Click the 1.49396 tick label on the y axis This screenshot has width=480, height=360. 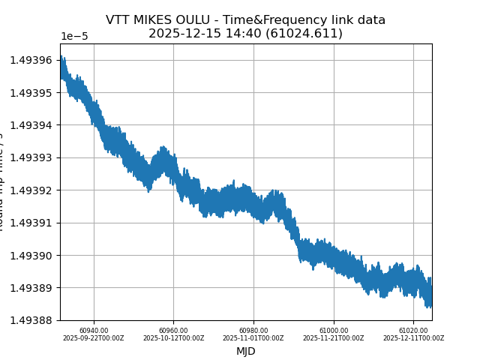coord(31,60)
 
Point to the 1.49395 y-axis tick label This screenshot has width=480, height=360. coord(31,92)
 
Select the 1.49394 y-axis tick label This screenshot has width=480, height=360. coord(31,125)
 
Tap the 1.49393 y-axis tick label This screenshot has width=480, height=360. coord(31,157)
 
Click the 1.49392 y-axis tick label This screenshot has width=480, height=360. coord(31,190)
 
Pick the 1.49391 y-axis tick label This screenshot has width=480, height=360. coord(31,223)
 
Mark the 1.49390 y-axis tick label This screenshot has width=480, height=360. coord(31,256)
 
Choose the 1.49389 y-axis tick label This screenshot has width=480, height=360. coord(31,288)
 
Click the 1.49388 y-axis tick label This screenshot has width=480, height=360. coord(31,320)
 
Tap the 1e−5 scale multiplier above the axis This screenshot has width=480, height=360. coord(74,37)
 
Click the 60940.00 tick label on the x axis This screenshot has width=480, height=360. coord(94,330)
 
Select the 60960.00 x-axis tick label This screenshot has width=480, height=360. coord(174,330)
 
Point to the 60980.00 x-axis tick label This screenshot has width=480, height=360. coord(253,330)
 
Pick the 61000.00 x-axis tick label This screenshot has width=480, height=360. coord(334,330)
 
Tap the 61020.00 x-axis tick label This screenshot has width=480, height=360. coord(413,330)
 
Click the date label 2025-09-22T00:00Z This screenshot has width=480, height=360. coord(94,338)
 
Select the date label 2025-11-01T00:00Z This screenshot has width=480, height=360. coord(253,338)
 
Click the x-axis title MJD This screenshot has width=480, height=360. coord(246,351)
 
